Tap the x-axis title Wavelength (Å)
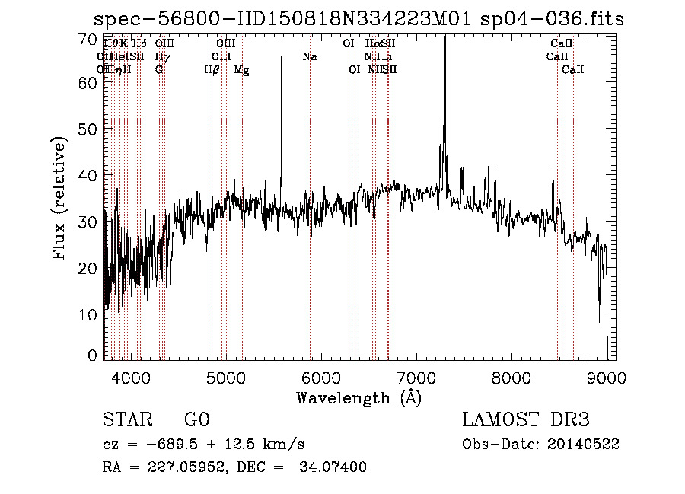(358, 397)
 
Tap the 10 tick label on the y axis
(89, 314)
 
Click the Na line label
(309, 57)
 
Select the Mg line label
(241, 70)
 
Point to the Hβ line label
(212, 70)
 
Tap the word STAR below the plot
(127, 421)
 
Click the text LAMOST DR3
(526, 421)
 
